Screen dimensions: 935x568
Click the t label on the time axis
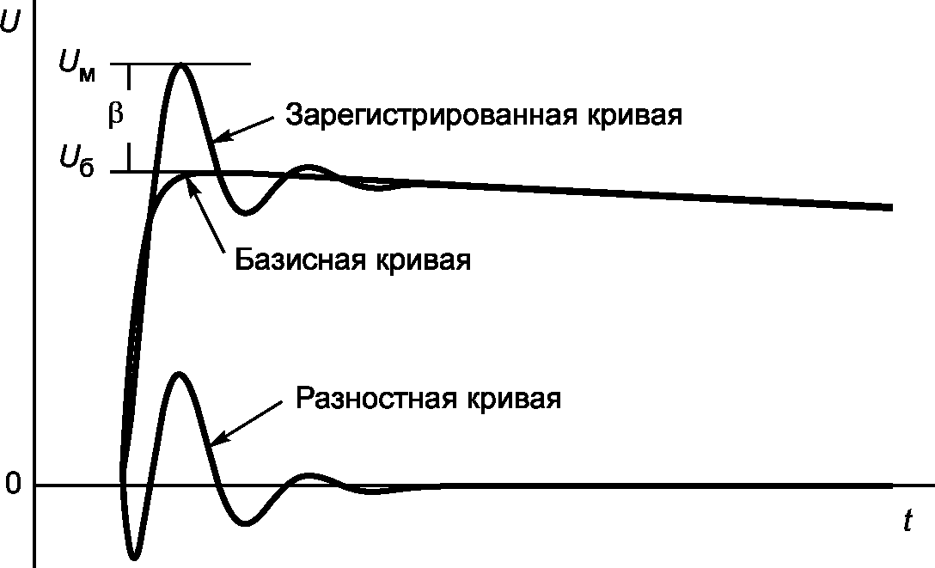click(x=907, y=522)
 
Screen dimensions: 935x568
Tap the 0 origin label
click(x=12, y=485)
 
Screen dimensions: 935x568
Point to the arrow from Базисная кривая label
click(x=206, y=216)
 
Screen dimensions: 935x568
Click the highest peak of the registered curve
click(x=180, y=64)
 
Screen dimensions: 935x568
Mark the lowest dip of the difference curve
click(x=134, y=558)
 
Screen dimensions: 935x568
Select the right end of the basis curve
click(x=890, y=207)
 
